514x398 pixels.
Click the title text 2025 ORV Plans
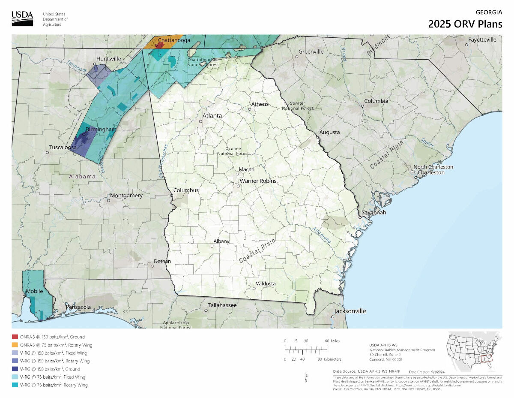(465, 24)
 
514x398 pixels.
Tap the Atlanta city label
(212, 116)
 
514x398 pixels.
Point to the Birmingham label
(101, 129)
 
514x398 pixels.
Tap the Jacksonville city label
(350, 311)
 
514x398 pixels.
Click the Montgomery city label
(126, 196)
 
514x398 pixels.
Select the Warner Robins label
(258, 181)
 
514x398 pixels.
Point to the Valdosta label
(266, 283)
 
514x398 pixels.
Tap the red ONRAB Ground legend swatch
(15, 337)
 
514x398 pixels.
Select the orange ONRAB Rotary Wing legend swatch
(15, 345)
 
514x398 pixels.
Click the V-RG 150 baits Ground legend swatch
(15, 369)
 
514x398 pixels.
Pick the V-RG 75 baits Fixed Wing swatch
(15, 377)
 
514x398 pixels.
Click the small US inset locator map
(474, 352)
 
